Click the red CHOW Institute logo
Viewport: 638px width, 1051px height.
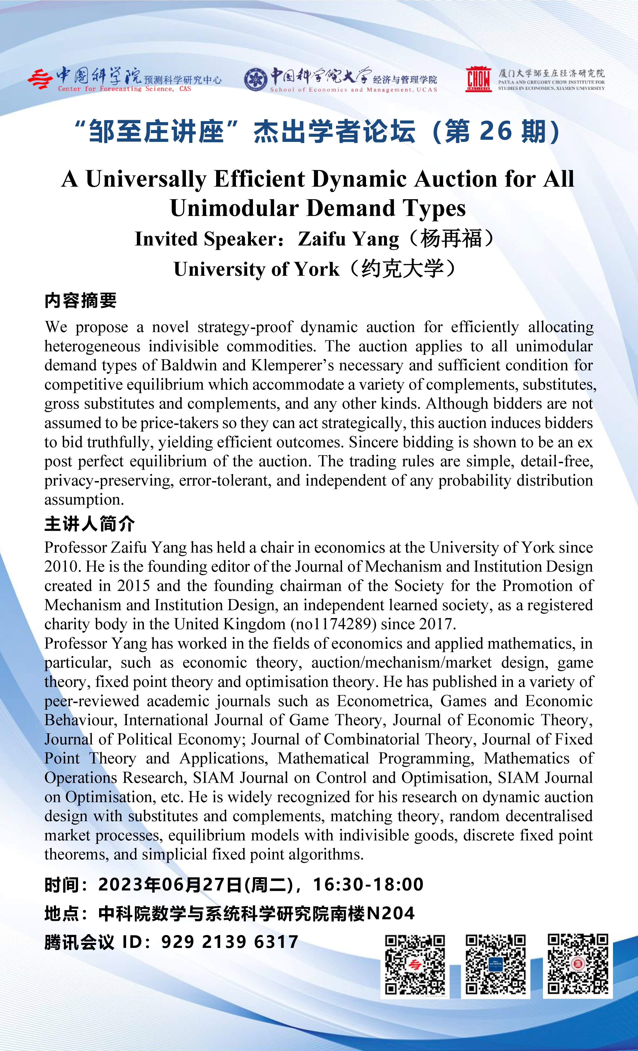click(x=478, y=79)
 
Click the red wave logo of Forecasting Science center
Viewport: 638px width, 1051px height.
click(x=41, y=79)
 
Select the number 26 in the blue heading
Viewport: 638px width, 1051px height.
click(x=496, y=131)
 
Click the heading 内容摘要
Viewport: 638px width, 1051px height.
click(x=81, y=301)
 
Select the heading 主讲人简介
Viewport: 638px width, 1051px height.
click(x=90, y=524)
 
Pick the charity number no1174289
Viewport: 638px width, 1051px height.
click(x=334, y=624)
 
